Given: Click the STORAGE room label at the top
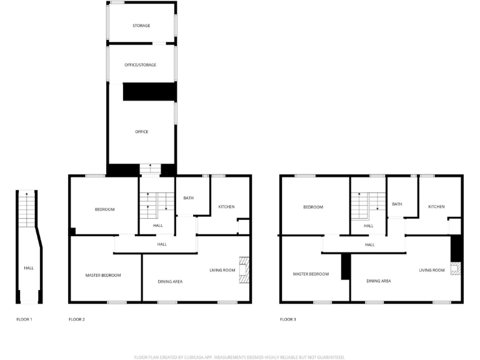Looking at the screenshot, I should coord(141,26).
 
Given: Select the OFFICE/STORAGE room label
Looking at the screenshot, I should coord(141,65).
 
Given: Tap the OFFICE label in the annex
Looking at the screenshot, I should coord(142,132).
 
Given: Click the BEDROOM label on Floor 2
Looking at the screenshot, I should coord(104,209).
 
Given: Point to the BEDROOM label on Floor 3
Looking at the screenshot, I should coord(313,207).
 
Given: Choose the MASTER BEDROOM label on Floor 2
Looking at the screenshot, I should coord(103,275).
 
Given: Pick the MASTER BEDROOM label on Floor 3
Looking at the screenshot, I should coord(311,274).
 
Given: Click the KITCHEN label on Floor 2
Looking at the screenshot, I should coord(226,206).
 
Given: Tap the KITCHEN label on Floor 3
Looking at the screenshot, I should coord(436,206).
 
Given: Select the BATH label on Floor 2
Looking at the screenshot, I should coord(188,198).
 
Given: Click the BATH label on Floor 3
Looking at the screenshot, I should coord(397,204).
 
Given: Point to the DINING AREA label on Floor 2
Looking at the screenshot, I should coord(169,282).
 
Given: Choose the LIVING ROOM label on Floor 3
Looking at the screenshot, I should coord(432,270).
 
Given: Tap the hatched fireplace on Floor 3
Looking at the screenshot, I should coord(456,269).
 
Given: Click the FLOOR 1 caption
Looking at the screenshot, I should coord(24,319).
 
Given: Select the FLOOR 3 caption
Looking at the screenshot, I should coord(288,319).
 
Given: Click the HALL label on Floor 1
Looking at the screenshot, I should coord(29,268).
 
